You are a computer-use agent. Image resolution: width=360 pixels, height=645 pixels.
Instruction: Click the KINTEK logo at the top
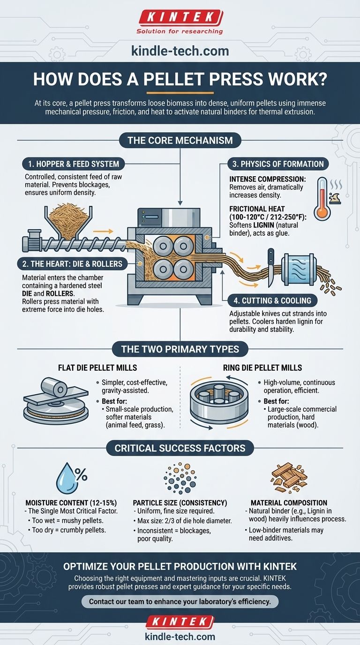[x=180, y=18]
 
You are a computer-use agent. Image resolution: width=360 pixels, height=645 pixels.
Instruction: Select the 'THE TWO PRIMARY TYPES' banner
[x=180, y=349]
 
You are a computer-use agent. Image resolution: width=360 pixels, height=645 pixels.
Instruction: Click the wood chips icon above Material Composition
[x=289, y=476]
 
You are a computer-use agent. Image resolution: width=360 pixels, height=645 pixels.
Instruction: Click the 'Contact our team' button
[x=180, y=601]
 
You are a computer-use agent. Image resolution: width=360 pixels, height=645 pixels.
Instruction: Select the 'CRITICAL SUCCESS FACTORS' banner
[x=180, y=448]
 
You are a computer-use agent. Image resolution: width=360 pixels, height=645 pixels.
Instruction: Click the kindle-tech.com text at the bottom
[x=180, y=637]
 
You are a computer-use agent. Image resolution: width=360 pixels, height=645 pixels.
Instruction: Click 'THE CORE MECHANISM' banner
[x=180, y=140]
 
